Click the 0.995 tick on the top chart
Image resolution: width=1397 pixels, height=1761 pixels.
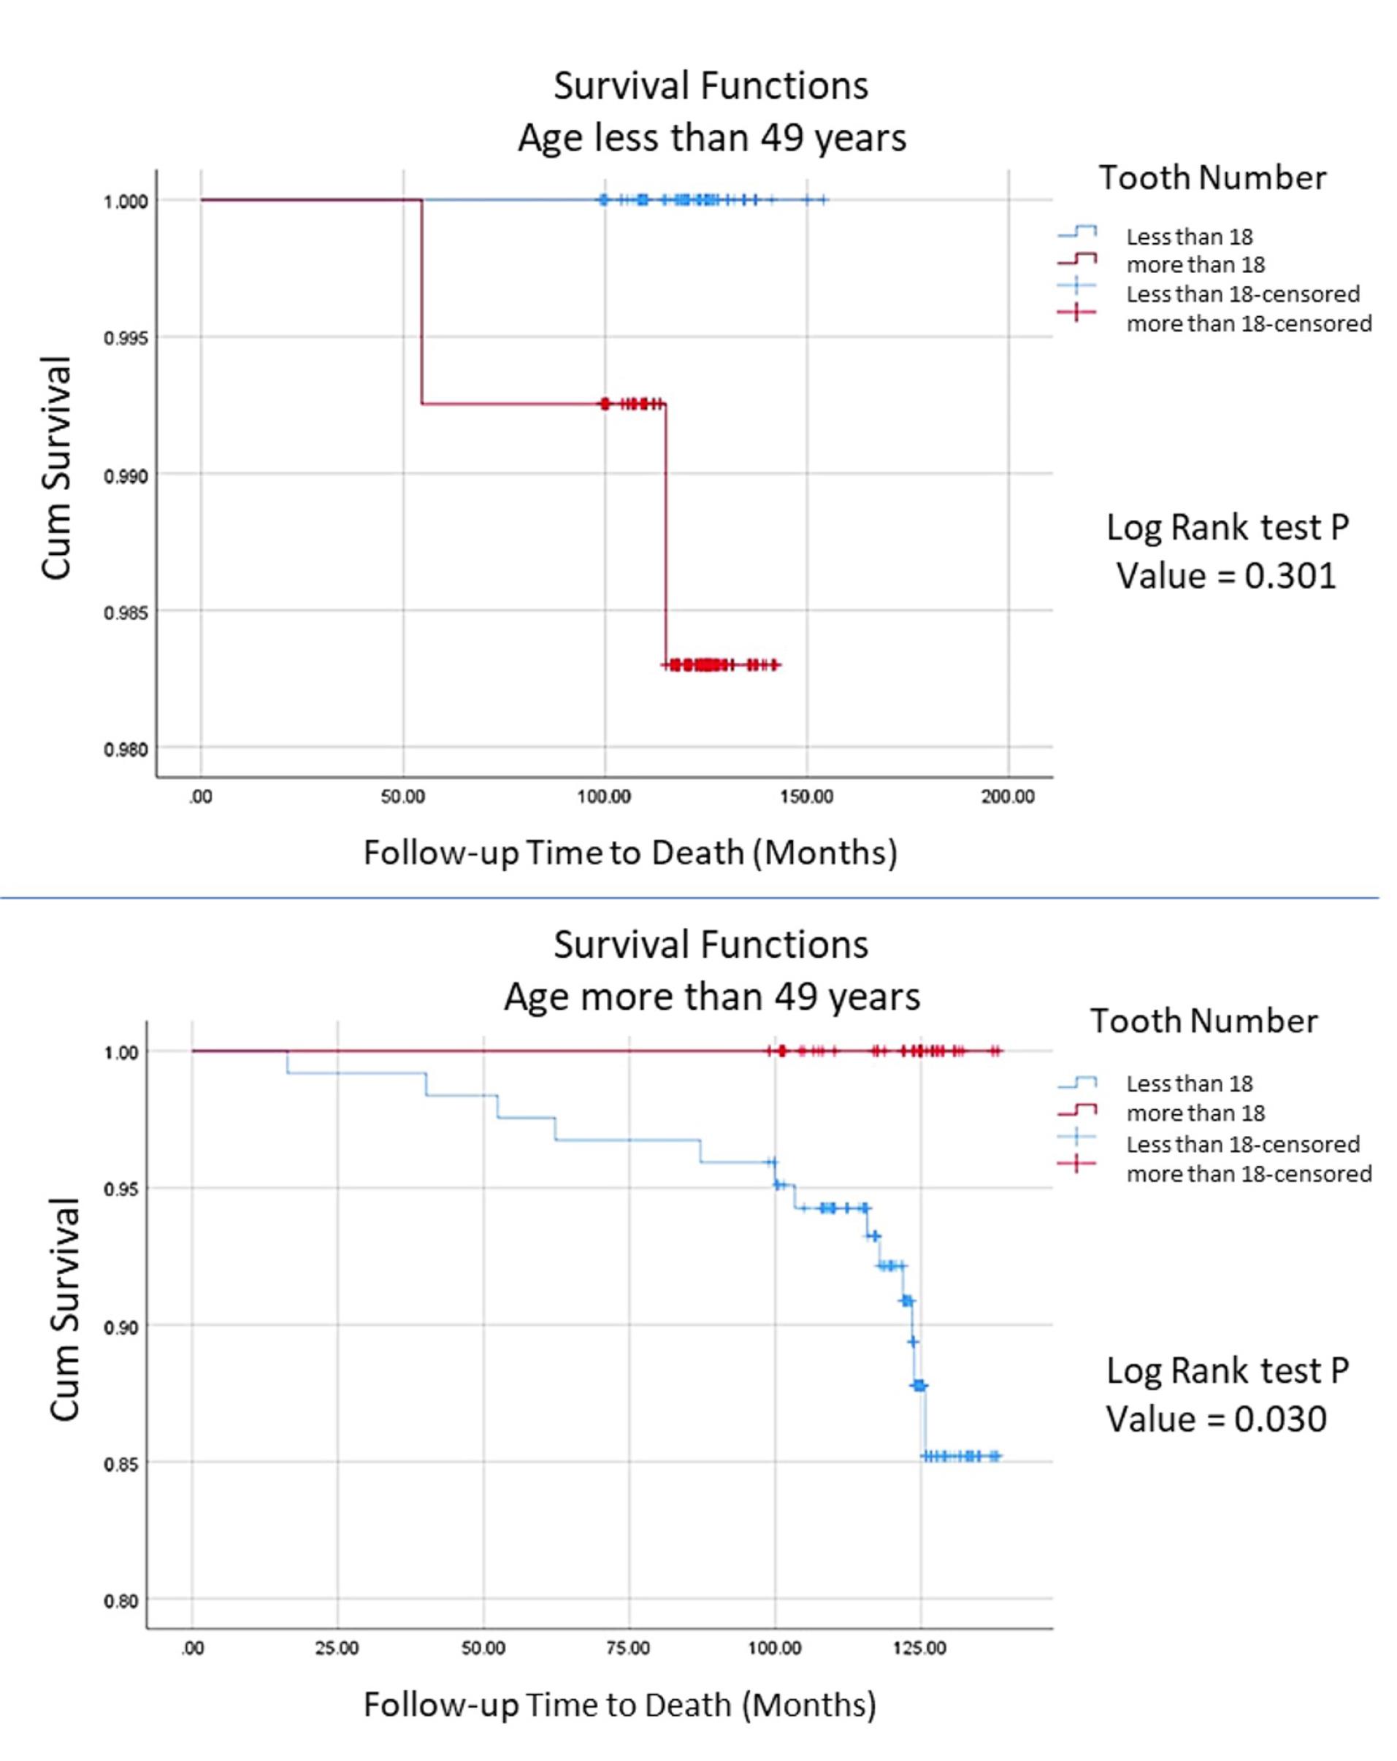click(126, 338)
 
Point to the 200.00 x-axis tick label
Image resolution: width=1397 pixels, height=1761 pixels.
click(1007, 797)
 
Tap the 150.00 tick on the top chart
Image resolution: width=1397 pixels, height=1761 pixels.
click(806, 797)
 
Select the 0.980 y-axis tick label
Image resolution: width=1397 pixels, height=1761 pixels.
click(126, 749)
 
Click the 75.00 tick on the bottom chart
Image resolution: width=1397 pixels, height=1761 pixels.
click(628, 1647)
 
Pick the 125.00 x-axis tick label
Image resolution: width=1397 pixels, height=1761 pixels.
click(919, 1647)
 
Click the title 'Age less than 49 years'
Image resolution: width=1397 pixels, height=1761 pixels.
click(711, 137)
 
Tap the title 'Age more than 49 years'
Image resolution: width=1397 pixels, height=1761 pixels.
click(711, 997)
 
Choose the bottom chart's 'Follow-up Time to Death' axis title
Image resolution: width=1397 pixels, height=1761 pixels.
click(619, 1706)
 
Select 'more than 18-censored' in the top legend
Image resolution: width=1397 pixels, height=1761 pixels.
click(1248, 323)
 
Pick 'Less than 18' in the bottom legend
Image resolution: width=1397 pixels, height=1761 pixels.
click(1189, 1084)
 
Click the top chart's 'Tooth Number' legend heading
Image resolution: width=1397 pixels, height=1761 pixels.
click(1212, 178)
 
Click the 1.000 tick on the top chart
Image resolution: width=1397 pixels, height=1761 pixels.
click(126, 202)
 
